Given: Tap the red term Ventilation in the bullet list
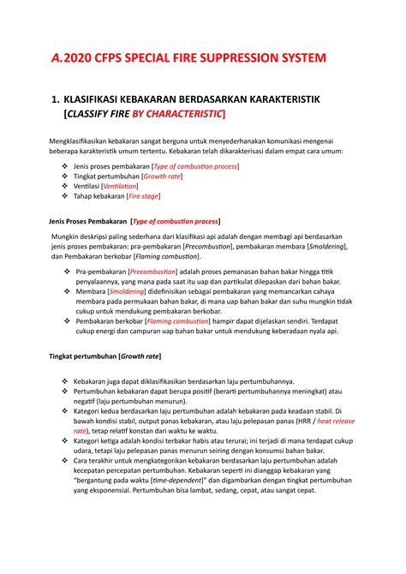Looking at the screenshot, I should [x=120, y=185].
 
